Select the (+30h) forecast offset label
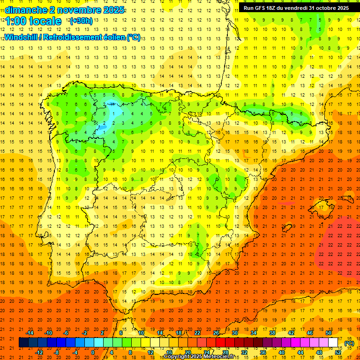tap(81, 21)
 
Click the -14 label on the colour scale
tap(30, 332)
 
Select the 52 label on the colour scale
tap(338, 352)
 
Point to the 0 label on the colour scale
tap(93, 352)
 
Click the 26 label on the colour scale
tap(216, 332)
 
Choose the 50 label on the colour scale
tap(329, 332)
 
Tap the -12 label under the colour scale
tap(39, 352)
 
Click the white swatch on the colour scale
tap(333, 343)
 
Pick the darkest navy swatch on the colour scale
tap(23, 343)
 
